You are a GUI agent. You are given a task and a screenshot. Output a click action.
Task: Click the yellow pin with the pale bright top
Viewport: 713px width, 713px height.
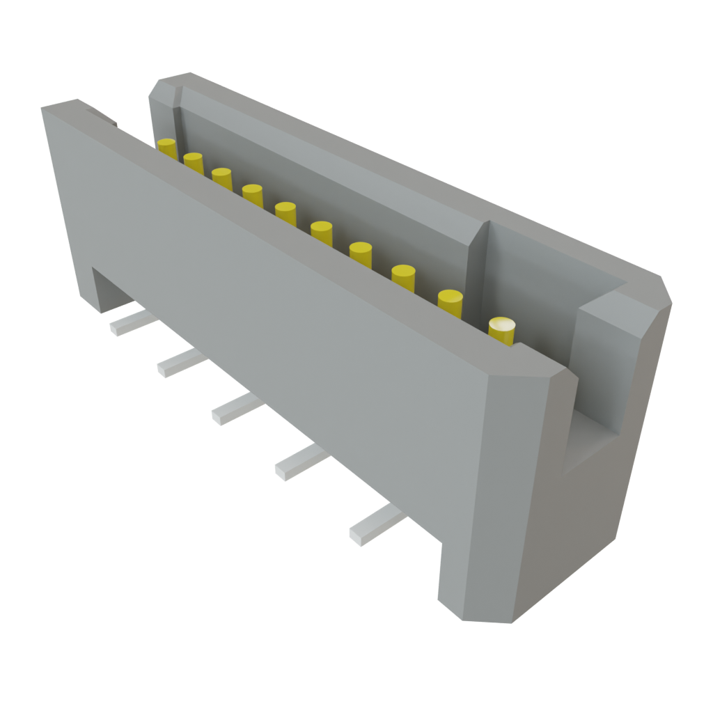(503, 329)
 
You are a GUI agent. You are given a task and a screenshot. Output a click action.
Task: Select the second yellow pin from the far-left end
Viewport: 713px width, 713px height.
(194, 162)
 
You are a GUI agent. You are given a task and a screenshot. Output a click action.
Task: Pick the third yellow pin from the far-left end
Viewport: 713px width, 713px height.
(222, 177)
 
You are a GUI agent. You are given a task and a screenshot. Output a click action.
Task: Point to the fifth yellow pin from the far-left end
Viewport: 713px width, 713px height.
(285, 211)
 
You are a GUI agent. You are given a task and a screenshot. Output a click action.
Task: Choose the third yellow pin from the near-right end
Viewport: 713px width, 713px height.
(404, 275)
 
